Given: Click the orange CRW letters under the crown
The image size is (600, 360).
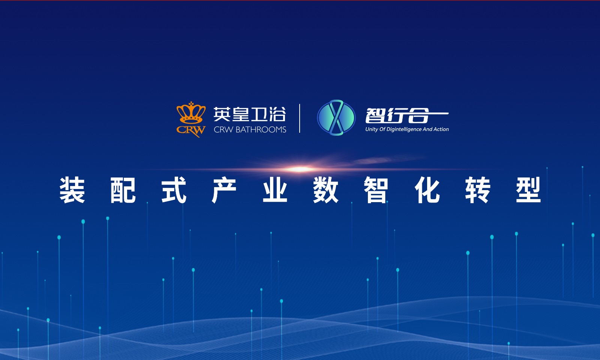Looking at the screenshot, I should click(x=191, y=130).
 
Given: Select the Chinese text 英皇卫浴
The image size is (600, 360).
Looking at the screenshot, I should click(x=250, y=114).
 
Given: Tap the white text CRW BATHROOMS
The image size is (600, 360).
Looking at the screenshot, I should click(x=250, y=130).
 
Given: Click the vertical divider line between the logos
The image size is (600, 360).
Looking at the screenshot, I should click(x=300, y=118).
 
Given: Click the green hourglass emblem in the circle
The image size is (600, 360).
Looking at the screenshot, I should click(x=336, y=118).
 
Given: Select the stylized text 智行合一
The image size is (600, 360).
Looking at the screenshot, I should click(x=406, y=115).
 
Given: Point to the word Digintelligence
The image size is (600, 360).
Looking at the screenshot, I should click(x=404, y=129).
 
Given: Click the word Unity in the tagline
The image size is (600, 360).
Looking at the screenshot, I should click(x=372, y=129).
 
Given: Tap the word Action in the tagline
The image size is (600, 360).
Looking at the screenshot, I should click(x=441, y=129).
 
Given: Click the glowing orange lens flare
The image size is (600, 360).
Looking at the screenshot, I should click(x=300, y=169).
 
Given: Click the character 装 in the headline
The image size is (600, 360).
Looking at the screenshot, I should click(x=72, y=190).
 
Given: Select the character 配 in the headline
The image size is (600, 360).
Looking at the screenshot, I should click(x=123, y=190).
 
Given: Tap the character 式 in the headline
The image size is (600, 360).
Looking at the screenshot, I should click(x=174, y=190).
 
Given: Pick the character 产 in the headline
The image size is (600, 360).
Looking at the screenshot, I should click(x=224, y=190).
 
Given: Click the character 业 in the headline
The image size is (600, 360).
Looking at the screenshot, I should click(x=275, y=190).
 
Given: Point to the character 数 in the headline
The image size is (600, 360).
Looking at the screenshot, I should click(x=326, y=190).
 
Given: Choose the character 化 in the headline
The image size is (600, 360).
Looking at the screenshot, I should click(x=427, y=190).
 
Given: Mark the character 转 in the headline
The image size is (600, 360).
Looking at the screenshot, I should click(x=478, y=190).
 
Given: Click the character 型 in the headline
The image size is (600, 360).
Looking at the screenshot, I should click(x=528, y=190).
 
